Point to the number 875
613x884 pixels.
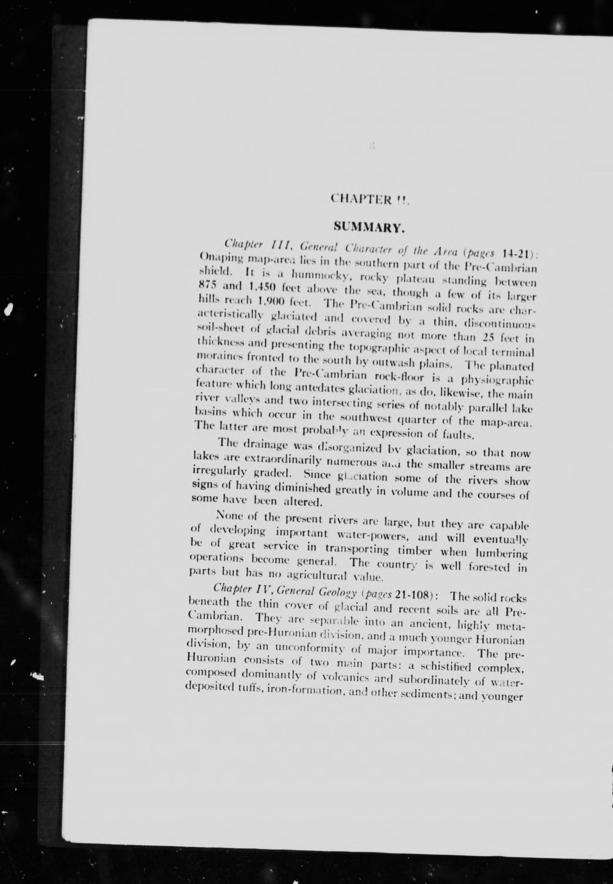point(208,285)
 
